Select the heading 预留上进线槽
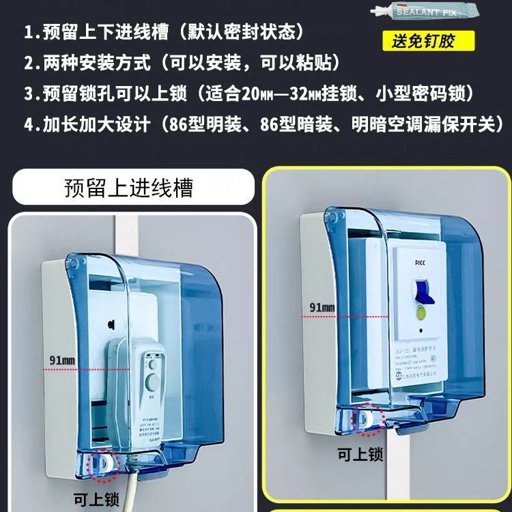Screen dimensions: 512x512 tap(128, 188)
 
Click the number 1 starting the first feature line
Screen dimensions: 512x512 tap(28, 32)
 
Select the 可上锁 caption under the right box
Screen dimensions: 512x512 tap(360, 454)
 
